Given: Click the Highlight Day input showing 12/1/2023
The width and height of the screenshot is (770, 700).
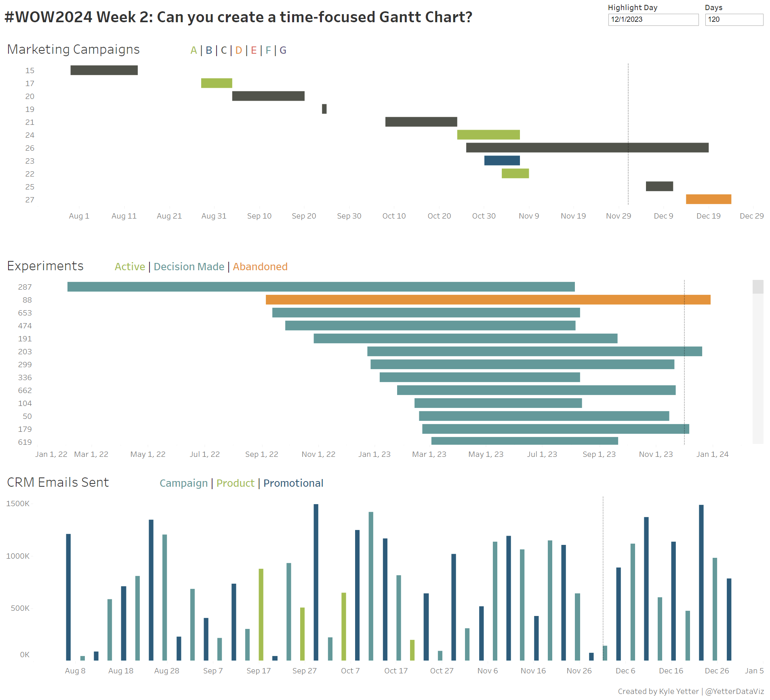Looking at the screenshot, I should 653,19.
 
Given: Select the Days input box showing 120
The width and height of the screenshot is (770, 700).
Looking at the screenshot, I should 734,19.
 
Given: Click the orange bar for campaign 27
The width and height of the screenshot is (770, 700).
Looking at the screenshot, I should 708,199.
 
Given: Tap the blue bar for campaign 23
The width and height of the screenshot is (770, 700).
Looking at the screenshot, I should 502,160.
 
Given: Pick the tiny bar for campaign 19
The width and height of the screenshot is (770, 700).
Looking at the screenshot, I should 324,109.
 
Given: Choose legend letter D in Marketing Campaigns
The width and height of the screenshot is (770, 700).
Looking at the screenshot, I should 238,50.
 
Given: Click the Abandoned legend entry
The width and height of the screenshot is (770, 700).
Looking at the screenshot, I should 260,267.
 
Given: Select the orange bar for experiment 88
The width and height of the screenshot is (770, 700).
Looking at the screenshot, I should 488,300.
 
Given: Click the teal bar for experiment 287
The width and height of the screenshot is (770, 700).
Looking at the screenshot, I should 321,287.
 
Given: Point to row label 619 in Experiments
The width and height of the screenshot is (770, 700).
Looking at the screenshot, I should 25,442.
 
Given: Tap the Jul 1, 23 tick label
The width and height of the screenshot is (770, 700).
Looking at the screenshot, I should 542,454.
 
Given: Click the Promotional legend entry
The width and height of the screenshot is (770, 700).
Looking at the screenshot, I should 293,483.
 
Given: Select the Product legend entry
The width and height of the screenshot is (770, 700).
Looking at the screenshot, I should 235,483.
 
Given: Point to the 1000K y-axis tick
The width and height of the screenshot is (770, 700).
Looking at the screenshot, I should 18,556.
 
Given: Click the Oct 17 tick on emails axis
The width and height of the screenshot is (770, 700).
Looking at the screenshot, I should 396,671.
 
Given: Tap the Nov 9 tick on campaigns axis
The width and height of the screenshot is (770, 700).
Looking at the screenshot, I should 528,216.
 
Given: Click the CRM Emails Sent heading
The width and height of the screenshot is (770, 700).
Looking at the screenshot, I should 58,482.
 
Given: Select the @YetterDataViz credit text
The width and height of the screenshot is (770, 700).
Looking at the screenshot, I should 734,691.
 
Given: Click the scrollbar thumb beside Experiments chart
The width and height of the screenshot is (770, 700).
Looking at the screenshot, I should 757,287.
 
